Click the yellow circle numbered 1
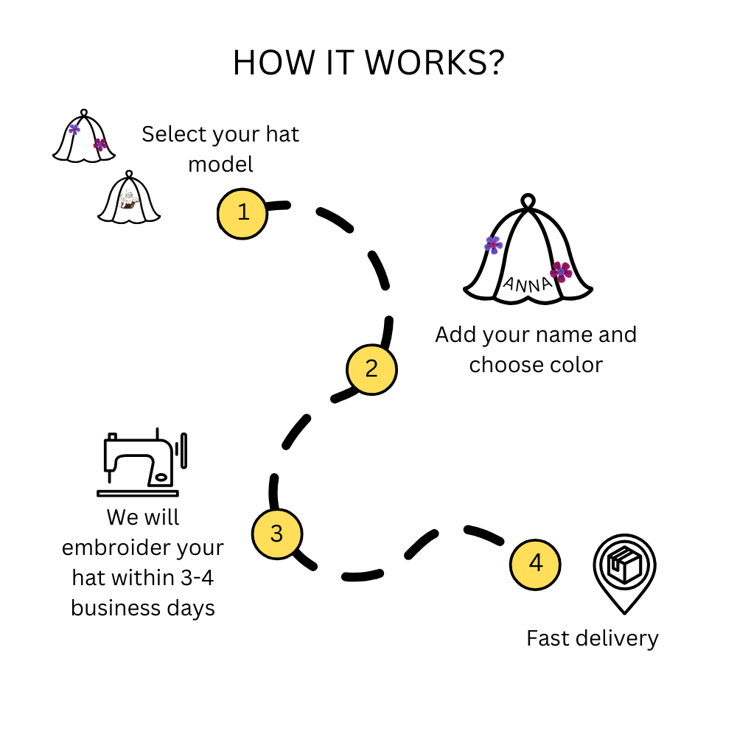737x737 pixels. click(x=242, y=214)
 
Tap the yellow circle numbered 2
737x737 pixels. click(x=371, y=368)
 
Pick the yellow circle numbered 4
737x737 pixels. click(x=536, y=565)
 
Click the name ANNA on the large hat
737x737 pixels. click(x=526, y=283)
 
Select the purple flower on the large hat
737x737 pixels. click(x=493, y=245)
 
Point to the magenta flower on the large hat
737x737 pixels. click(x=561, y=272)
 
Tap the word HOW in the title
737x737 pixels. click(x=270, y=63)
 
